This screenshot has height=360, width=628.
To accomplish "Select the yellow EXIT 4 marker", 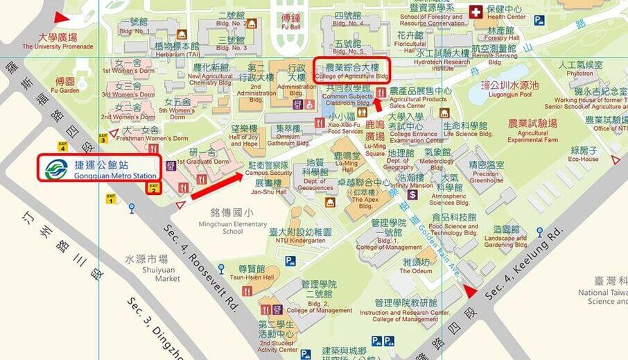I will [62, 146].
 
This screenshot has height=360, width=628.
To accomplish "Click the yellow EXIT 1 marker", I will [110, 198].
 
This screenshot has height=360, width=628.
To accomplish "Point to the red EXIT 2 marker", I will [154, 187].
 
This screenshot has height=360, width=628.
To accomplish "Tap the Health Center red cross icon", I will [476, 12].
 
